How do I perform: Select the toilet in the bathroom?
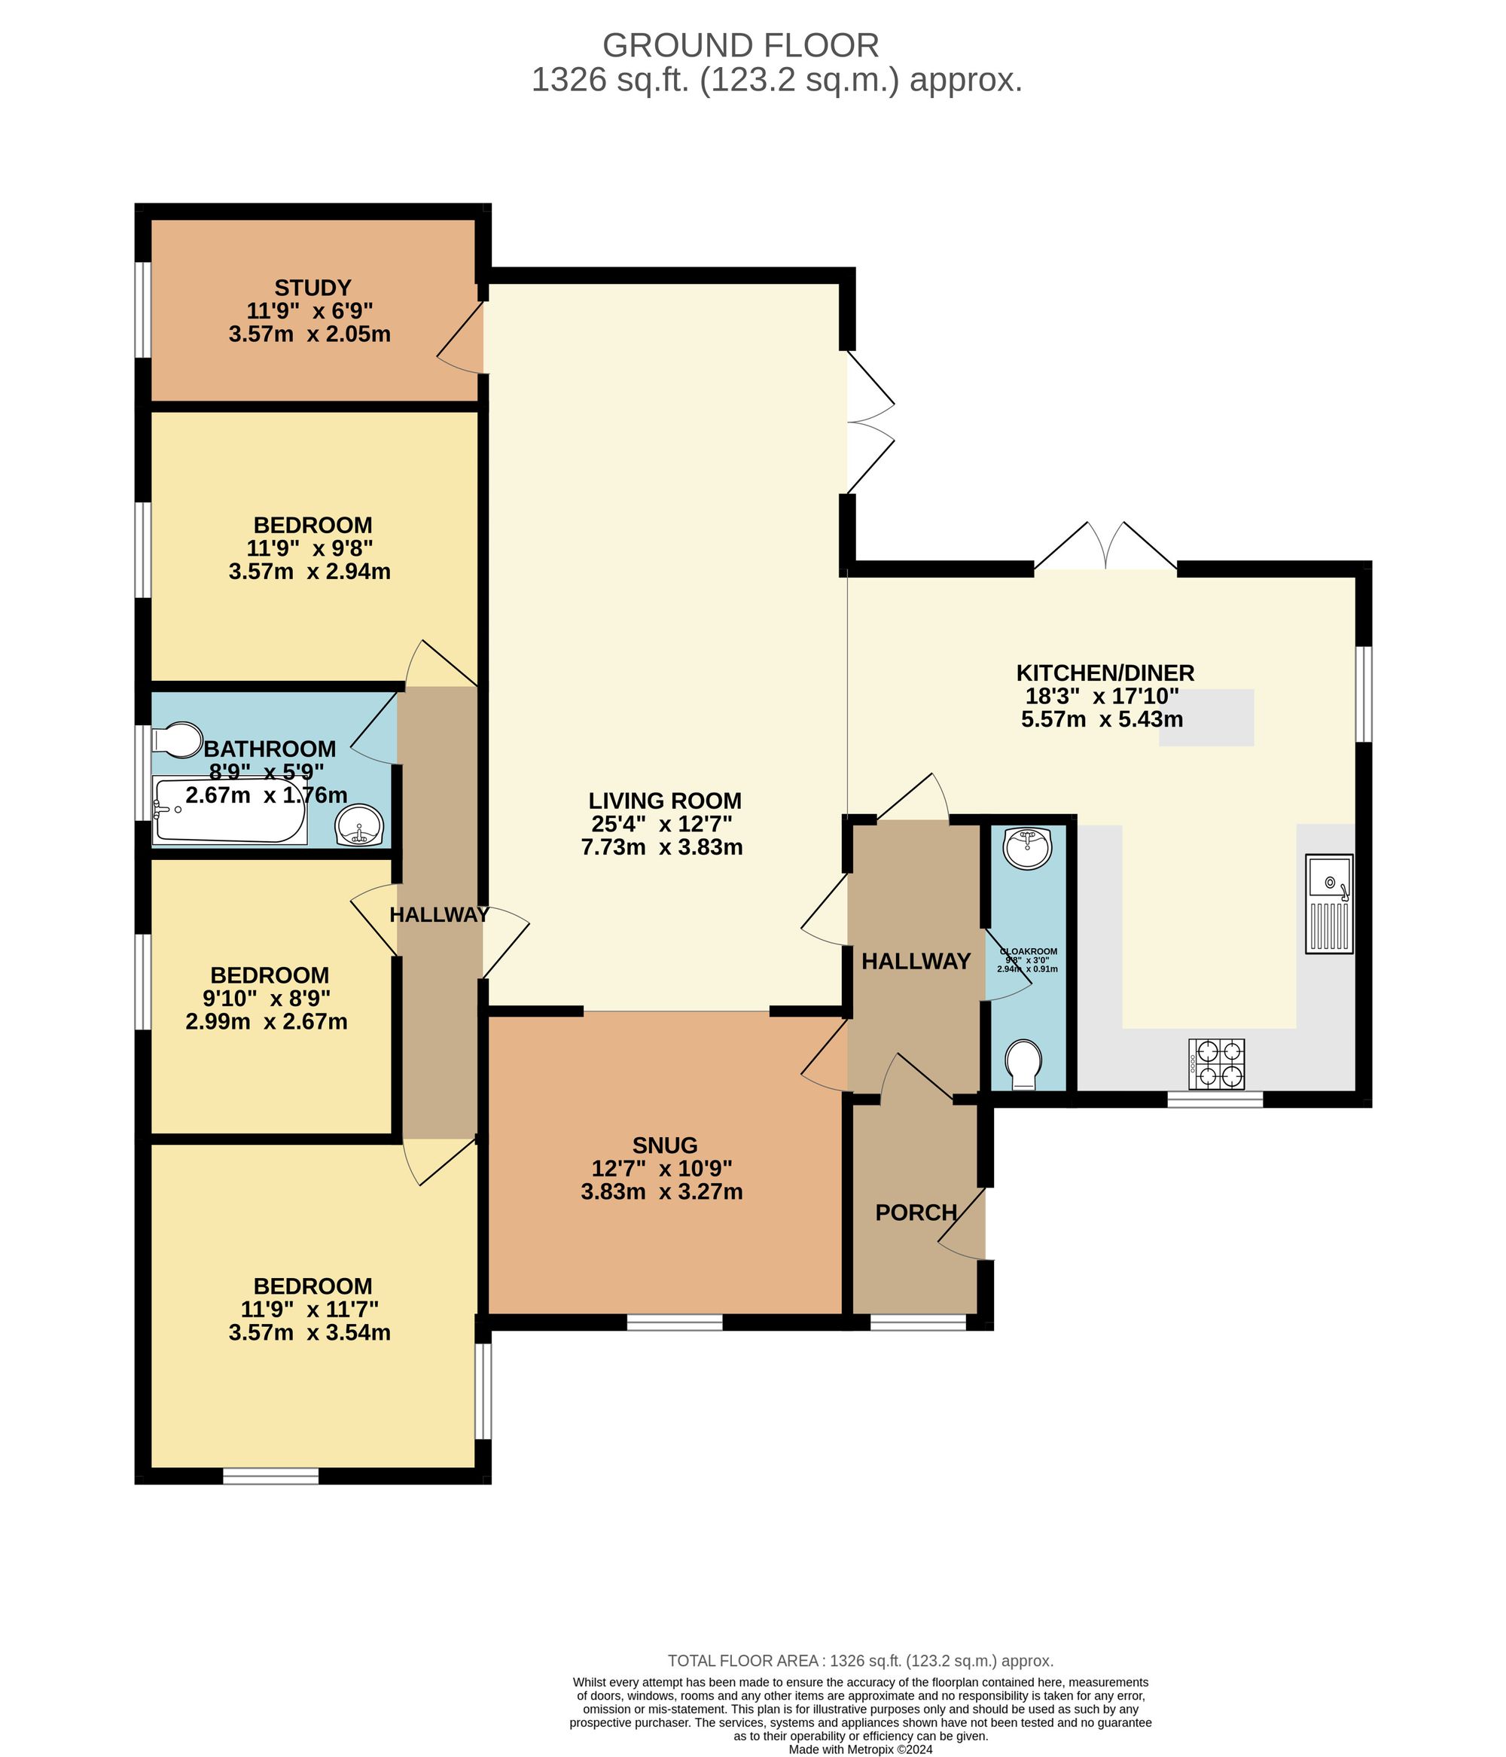point(176,740)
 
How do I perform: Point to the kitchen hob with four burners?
point(1218,1064)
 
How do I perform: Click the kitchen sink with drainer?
point(1329,903)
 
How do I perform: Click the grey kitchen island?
point(1206,718)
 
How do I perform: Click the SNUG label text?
point(665,1145)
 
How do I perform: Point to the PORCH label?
point(916,1213)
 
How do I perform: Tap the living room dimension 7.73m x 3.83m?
point(661,847)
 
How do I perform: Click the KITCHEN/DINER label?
point(1105,673)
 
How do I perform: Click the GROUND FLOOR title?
point(740,45)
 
